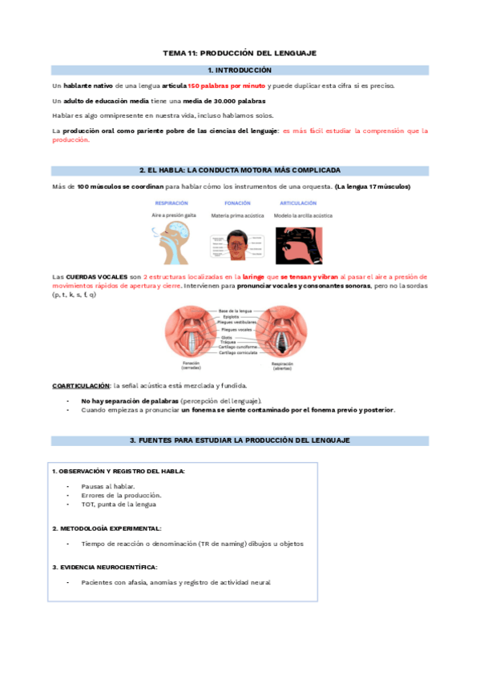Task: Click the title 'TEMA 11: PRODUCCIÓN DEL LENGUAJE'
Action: coord(240,53)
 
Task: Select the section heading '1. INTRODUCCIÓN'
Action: coord(240,70)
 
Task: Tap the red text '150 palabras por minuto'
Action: coord(227,86)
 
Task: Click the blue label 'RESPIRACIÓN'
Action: coord(171,203)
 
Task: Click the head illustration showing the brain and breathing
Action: coord(171,238)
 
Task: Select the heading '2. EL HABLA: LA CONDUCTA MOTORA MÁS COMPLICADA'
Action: coord(240,170)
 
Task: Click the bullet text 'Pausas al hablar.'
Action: coord(108,487)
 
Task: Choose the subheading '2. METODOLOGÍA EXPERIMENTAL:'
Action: coord(107,528)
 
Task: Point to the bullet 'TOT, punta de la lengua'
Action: coord(119,504)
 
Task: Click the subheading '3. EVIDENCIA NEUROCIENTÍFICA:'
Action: coord(105,567)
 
